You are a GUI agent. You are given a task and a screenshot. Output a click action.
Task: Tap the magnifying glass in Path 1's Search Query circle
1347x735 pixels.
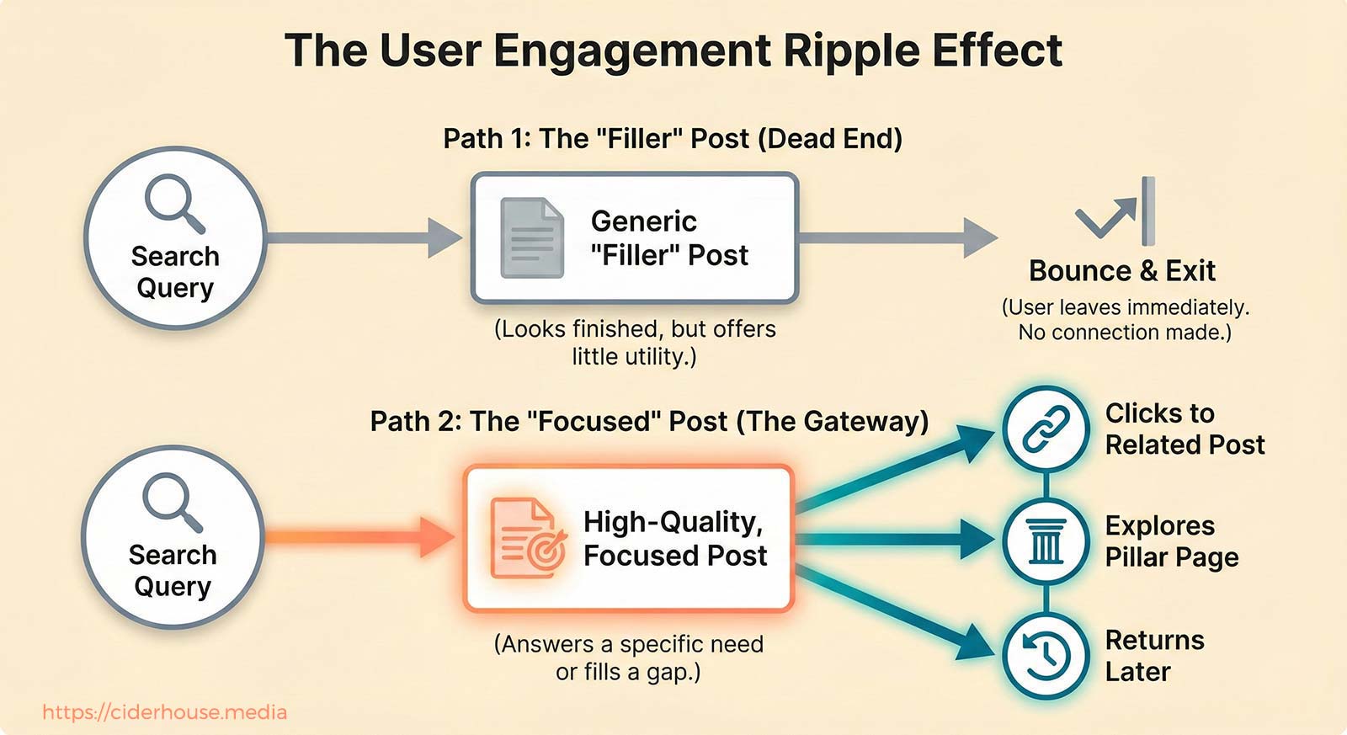coord(173,202)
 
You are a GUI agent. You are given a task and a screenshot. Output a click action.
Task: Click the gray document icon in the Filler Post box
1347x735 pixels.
coord(531,238)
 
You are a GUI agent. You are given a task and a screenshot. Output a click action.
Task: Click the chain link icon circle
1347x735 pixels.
coord(1046,429)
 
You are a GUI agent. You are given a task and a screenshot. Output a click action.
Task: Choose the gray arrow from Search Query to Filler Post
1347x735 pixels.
coord(362,238)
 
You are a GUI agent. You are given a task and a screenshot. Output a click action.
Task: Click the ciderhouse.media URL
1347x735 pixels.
coord(164,712)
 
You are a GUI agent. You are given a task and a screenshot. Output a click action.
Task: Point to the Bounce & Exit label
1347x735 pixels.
coord(1121,271)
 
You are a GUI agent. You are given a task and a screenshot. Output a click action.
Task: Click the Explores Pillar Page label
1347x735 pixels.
coord(1170,541)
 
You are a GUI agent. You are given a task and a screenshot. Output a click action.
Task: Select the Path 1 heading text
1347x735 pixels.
coord(672,139)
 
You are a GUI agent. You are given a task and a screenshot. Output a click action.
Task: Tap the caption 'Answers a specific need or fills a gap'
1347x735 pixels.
coord(628,658)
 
